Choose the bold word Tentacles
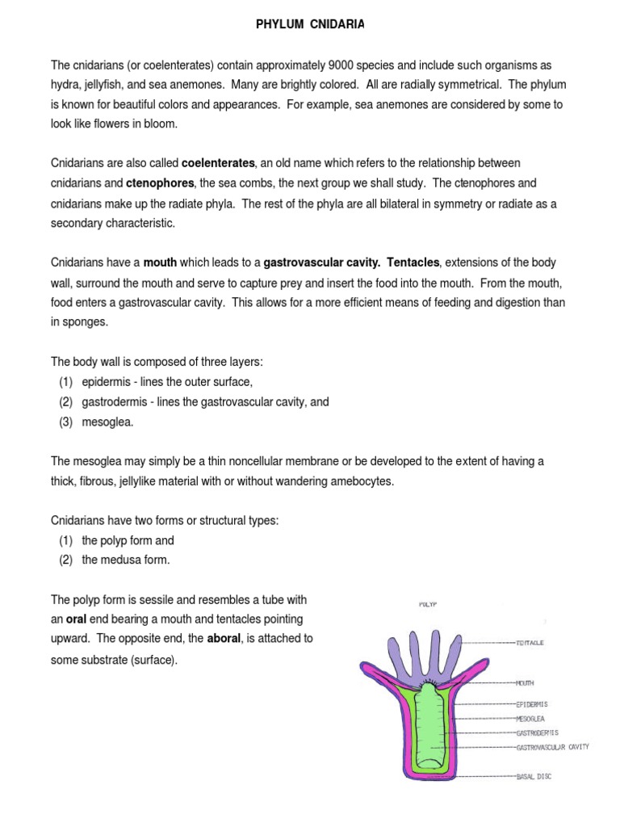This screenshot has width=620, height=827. [x=413, y=263]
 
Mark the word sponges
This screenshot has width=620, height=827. [x=83, y=322]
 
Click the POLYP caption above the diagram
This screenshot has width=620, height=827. [x=428, y=602]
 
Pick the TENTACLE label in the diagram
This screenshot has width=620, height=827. [x=531, y=642]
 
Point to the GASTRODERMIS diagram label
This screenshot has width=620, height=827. [x=538, y=733]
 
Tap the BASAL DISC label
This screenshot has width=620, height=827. [x=534, y=777]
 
